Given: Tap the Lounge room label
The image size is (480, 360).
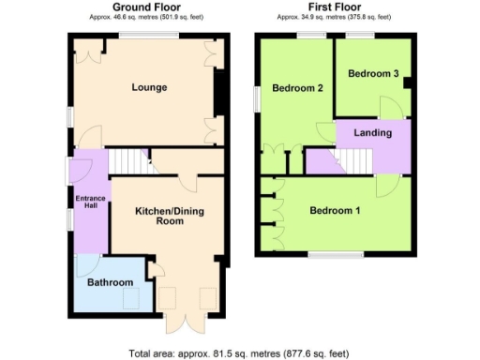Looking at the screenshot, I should tap(150, 88).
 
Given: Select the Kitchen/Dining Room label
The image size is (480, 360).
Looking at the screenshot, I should tap(169, 217).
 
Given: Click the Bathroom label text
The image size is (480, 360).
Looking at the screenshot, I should tap(111, 282).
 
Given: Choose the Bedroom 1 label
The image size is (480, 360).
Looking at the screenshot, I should tap(335, 210).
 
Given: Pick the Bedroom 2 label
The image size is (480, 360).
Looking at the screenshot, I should tap(297, 89).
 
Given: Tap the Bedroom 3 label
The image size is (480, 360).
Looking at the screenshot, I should tap(373, 73).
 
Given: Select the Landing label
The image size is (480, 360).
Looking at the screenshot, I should tap(372, 133).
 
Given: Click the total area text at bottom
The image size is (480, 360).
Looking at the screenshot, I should tap(238, 353).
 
